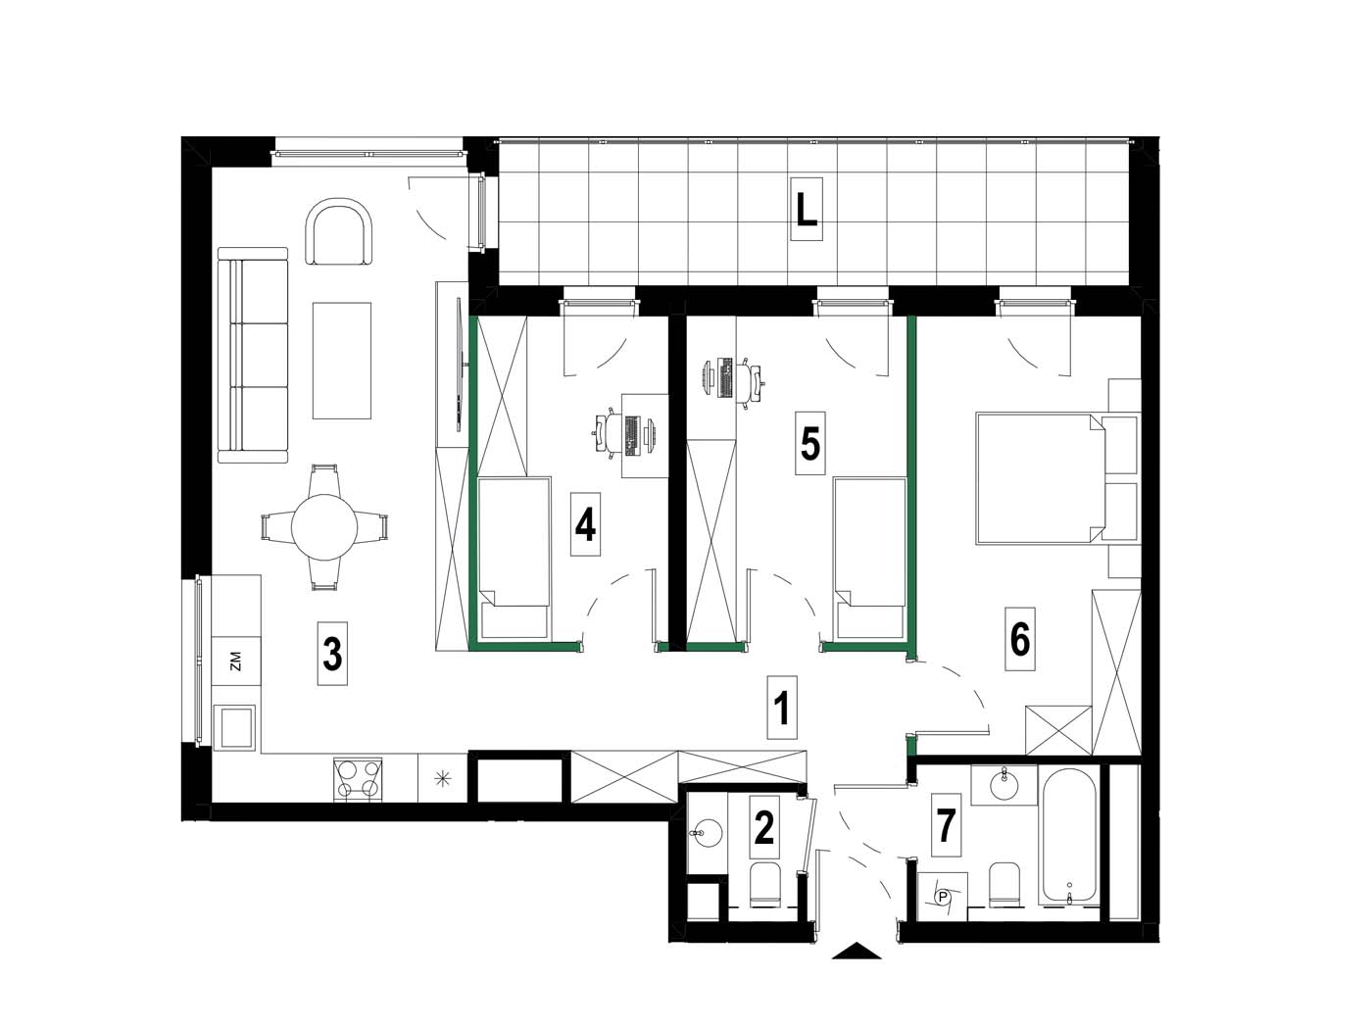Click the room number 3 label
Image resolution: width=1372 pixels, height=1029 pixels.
pos(332,654)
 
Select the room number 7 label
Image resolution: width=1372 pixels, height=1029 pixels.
pos(946,825)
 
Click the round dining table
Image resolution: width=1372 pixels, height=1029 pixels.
pos(324,526)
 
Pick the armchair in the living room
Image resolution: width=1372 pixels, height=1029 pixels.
pos(339,232)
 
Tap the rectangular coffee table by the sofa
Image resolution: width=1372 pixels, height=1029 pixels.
pos(342,361)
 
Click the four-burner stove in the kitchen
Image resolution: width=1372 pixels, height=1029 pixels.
pos(358,779)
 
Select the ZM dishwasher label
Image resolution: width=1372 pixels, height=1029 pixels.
pos(235,661)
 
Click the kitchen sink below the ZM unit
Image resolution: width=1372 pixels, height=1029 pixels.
pos(234,727)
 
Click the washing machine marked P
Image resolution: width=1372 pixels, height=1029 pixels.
pos(942,897)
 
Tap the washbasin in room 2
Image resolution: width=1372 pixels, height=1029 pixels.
pos(708,833)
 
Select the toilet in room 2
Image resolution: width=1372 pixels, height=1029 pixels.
pos(764,884)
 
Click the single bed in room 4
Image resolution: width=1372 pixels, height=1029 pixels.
pos(514,558)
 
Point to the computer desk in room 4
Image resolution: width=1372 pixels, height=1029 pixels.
pos(645,436)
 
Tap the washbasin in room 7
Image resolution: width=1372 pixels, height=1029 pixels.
pos(1004,784)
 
